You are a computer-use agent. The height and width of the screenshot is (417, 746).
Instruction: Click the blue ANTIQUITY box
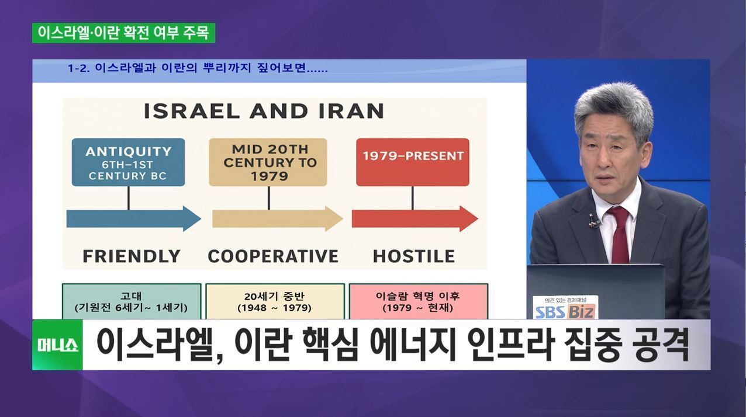pyautogui.click(x=128, y=162)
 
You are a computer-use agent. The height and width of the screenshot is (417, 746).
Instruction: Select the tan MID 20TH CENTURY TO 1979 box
pyautogui.click(x=268, y=162)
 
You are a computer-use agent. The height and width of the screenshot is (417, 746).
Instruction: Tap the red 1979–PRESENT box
pyautogui.click(x=413, y=162)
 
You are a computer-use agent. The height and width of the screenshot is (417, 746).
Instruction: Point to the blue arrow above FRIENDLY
pyautogui.click(x=134, y=218)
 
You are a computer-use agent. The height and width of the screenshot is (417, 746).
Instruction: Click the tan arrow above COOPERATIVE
pyautogui.click(x=278, y=218)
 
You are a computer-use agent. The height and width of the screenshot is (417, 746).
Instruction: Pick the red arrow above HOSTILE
pyautogui.click(x=415, y=218)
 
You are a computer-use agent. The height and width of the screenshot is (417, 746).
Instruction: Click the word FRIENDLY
pyautogui.click(x=132, y=256)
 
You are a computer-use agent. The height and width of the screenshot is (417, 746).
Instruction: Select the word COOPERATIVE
pyautogui.click(x=273, y=256)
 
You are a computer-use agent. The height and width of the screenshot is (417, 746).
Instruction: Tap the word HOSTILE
pyautogui.click(x=414, y=256)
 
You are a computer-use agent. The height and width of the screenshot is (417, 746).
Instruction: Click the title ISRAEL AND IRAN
pyautogui.click(x=264, y=111)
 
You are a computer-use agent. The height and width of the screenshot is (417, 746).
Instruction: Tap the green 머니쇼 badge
pyautogui.click(x=57, y=345)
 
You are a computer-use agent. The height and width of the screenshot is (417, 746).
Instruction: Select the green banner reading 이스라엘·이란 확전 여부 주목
pyautogui.click(x=123, y=33)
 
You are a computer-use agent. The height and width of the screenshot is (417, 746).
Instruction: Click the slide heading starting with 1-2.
pyautogui.click(x=198, y=68)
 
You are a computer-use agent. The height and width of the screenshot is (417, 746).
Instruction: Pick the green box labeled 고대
pyautogui.click(x=132, y=301)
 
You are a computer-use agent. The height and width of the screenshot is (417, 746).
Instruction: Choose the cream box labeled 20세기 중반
pyautogui.click(x=275, y=301)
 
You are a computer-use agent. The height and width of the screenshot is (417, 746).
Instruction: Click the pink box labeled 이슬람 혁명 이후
pyautogui.click(x=418, y=301)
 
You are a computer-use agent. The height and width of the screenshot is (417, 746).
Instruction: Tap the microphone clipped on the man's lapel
pyautogui.click(x=593, y=221)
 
